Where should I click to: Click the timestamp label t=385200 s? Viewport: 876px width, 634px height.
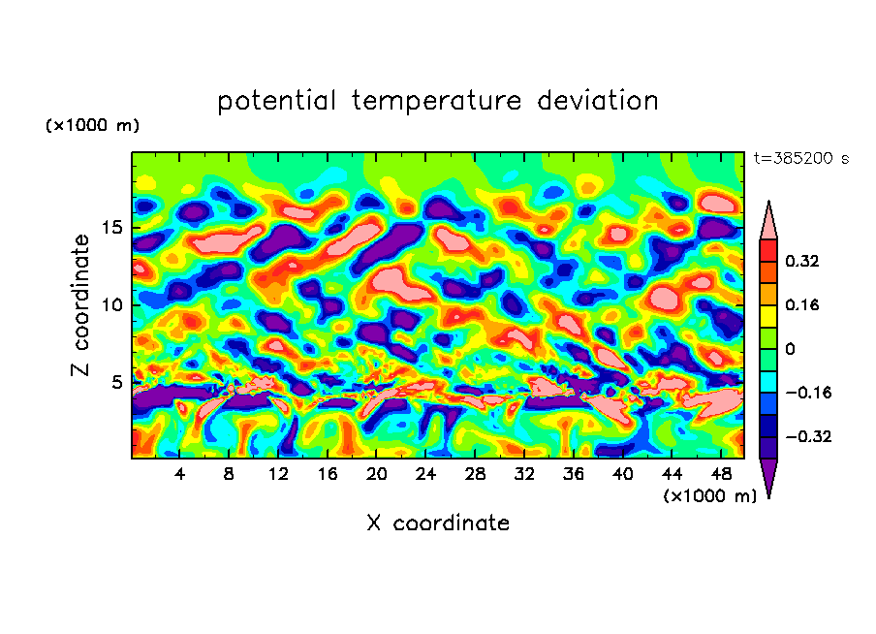[x=800, y=159]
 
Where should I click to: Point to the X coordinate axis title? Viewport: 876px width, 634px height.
[x=438, y=523]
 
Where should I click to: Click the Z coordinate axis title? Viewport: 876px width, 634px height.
[x=82, y=305]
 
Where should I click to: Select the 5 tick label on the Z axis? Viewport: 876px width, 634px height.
[x=116, y=382]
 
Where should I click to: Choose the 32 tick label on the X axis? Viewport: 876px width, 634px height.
[x=524, y=474]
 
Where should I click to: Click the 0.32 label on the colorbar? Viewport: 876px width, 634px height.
[x=803, y=261]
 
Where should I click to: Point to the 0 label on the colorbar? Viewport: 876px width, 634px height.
[x=791, y=349]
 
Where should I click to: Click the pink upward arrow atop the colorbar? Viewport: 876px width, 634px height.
[x=768, y=222]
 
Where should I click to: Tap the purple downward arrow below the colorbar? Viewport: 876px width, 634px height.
[x=768, y=476]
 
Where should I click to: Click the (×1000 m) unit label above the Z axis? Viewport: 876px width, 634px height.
[x=92, y=126]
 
